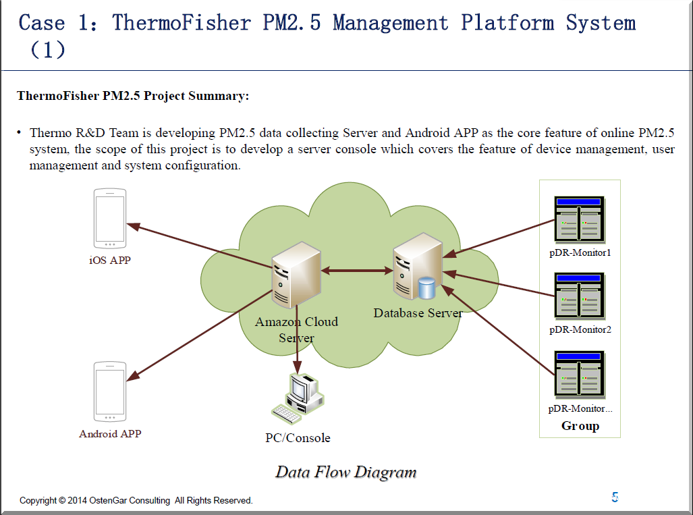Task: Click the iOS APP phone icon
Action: [110, 218]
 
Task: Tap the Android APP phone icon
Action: [110, 392]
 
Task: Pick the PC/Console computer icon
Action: [297, 399]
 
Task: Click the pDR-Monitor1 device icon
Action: [579, 219]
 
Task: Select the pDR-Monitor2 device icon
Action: [579, 296]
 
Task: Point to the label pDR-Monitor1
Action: [580, 253]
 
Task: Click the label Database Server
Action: [418, 313]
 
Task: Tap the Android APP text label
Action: [110, 434]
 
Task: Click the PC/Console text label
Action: [298, 438]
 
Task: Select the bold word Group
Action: [580, 426]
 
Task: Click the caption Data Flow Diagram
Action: [345, 472]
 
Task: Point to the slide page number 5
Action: [615, 497]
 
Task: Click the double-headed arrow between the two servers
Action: [357, 271]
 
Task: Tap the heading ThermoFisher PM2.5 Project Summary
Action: [133, 96]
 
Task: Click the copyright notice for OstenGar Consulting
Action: [136, 501]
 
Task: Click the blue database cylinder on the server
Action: [426, 288]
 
